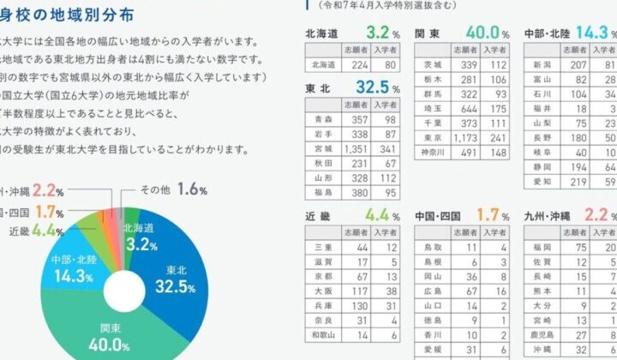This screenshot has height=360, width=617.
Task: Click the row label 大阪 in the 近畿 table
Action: [x=323, y=291]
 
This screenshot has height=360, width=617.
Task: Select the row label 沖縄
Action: [x=541, y=350]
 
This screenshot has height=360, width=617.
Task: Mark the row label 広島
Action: [x=432, y=291]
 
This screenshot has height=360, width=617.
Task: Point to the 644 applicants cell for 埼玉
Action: [x=464, y=109]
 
